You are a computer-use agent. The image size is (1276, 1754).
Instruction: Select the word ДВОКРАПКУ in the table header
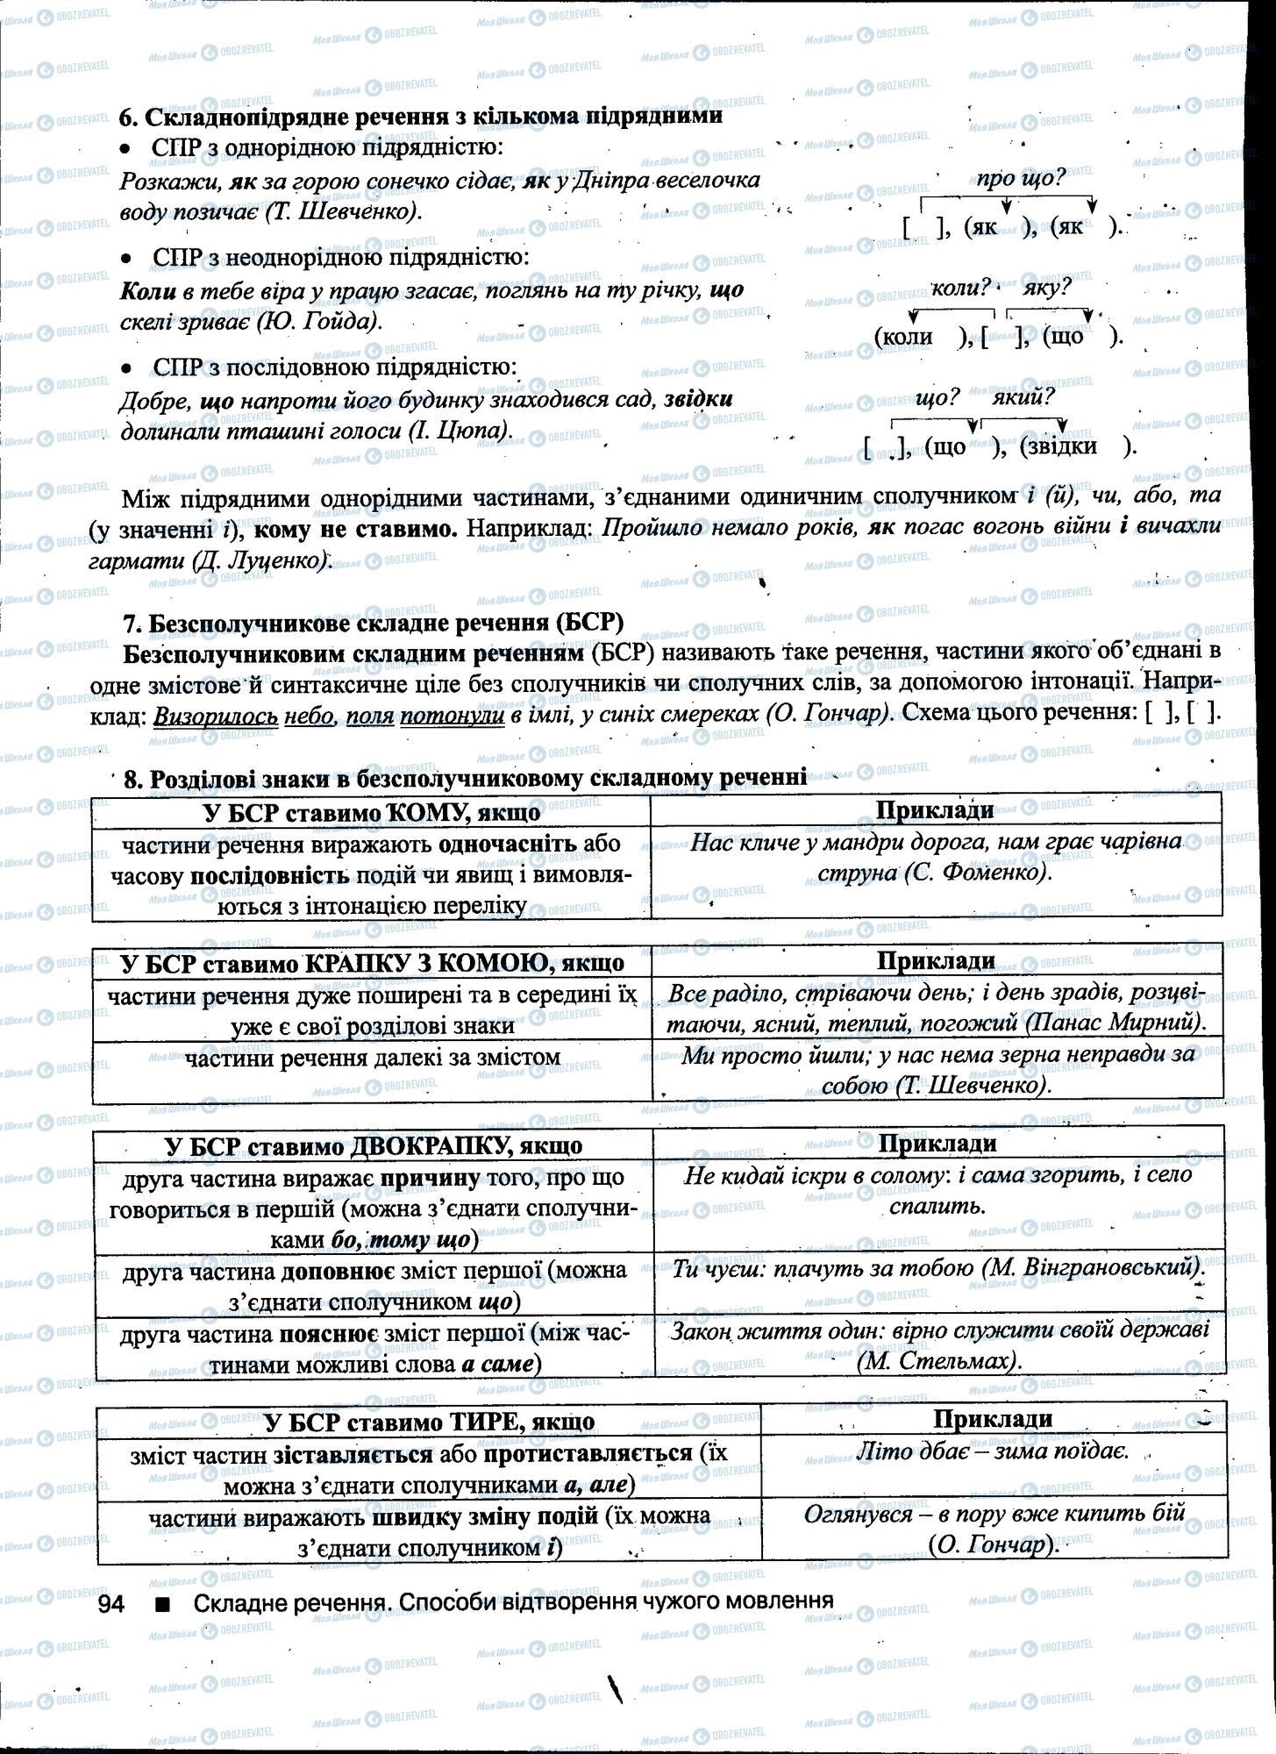pyautogui.click(x=431, y=1145)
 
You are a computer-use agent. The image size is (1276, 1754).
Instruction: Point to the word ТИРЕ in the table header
pyautogui.click(x=481, y=1421)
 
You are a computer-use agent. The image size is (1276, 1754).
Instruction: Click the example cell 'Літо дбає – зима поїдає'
pyautogui.click(x=992, y=1451)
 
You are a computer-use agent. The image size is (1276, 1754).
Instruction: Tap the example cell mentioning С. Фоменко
pyautogui.click(x=935, y=858)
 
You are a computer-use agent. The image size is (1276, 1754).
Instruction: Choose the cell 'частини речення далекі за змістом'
pyautogui.click(x=372, y=1058)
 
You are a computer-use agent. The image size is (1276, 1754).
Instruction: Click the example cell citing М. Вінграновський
pyautogui.click(x=936, y=1267)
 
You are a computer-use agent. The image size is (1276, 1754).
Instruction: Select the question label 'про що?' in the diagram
pyautogui.click(x=1020, y=180)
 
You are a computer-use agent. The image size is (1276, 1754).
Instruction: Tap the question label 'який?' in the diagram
pyautogui.click(x=1023, y=397)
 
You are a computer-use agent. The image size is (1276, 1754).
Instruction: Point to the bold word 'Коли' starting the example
pyautogui.click(x=146, y=290)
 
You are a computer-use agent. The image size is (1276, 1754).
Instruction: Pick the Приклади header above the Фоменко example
pyautogui.click(x=935, y=810)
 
